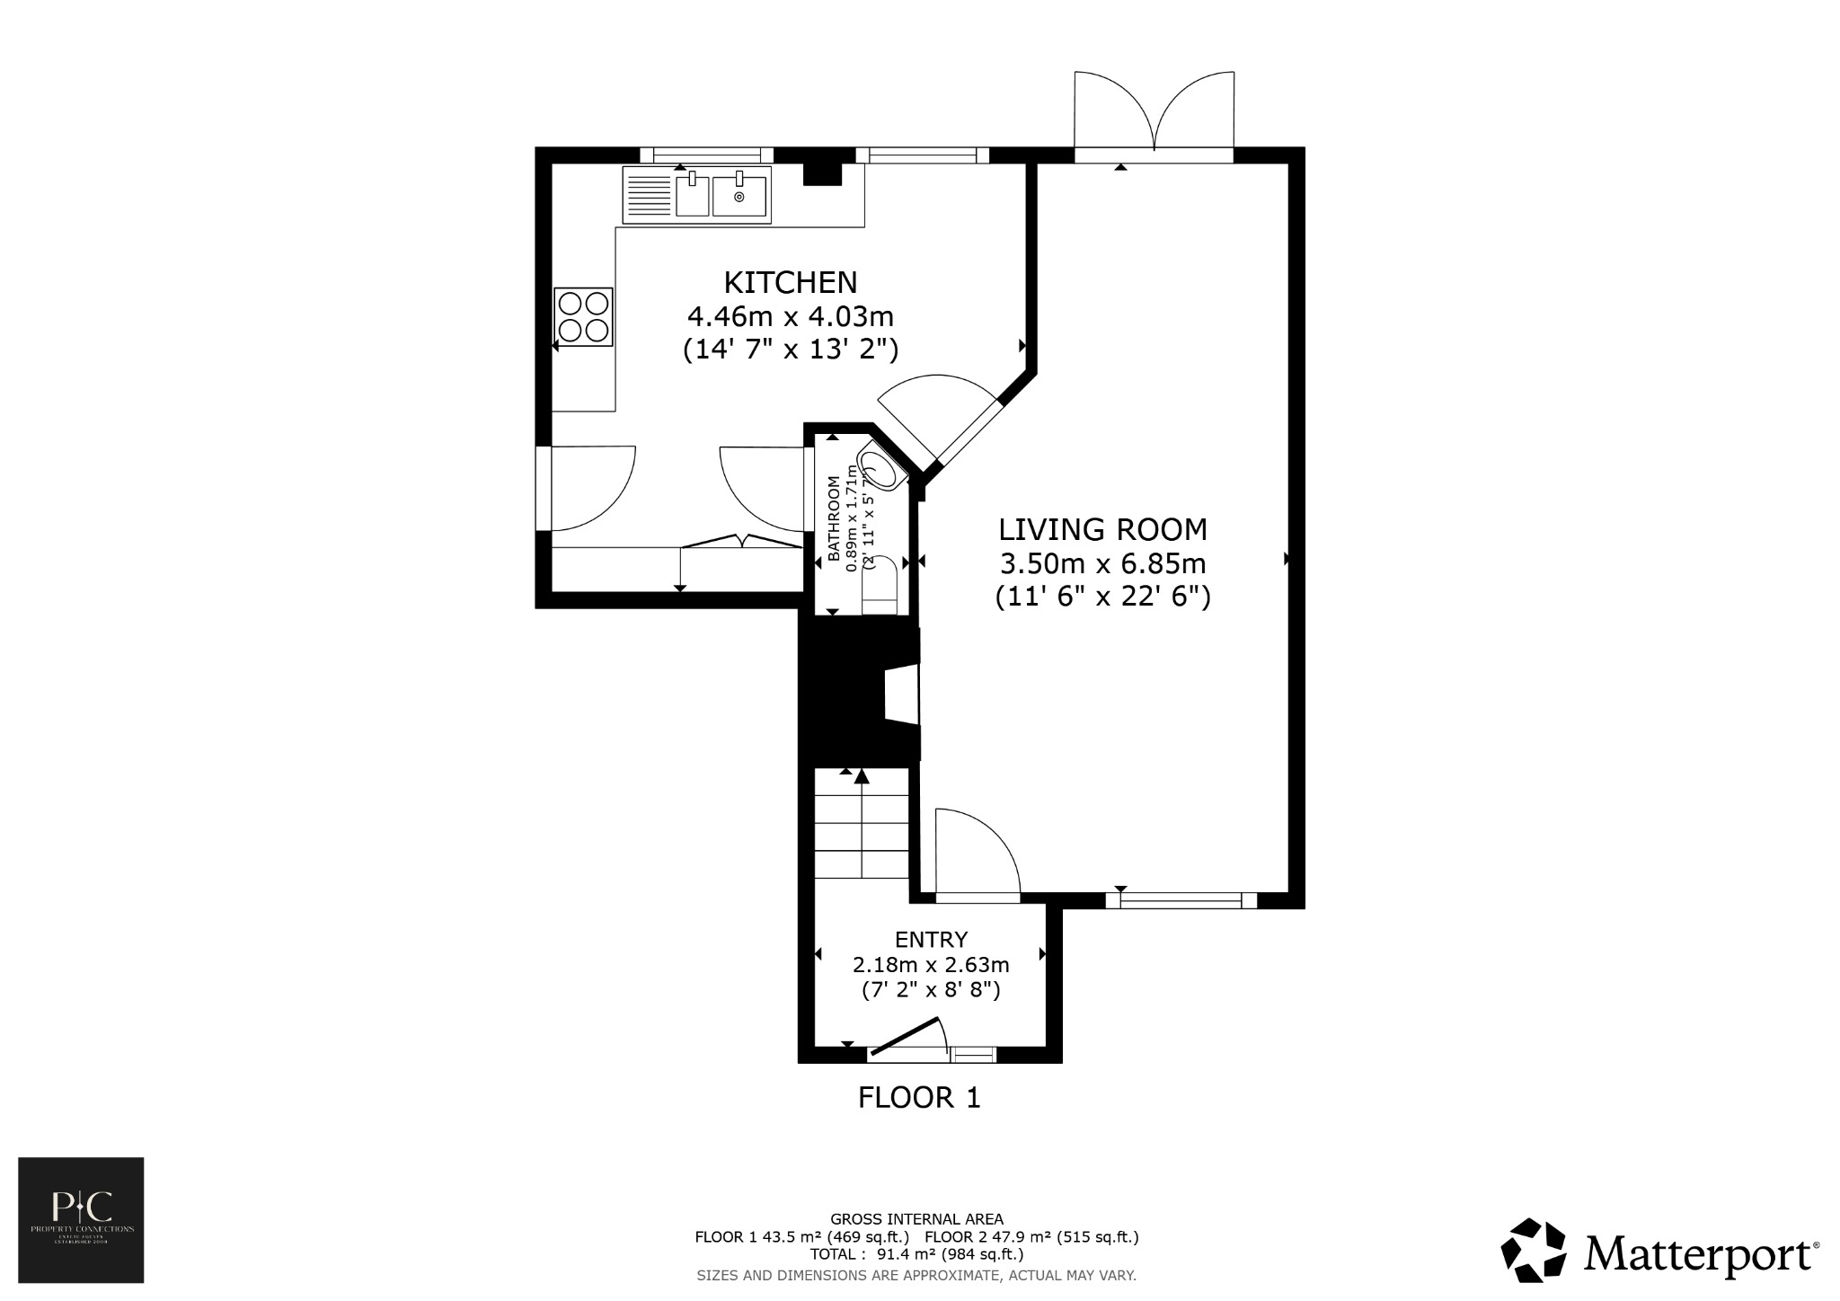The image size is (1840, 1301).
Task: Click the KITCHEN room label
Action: (791, 282)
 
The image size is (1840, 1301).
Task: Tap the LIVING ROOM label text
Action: (1103, 529)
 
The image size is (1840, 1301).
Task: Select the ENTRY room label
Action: (931, 940)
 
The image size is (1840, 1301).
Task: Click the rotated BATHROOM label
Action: (834, 518)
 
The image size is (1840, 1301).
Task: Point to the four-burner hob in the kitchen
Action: (584, 316)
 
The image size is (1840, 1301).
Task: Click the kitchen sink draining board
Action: (648, 196)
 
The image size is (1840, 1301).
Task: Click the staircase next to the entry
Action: (862, 827)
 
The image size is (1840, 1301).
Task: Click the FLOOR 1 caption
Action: (919, 1098)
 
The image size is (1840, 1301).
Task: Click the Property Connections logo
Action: (82, 1219)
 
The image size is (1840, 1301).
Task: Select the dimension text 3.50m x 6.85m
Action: (1103, 564)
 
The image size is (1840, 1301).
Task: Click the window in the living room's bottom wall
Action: (1181, 899)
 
